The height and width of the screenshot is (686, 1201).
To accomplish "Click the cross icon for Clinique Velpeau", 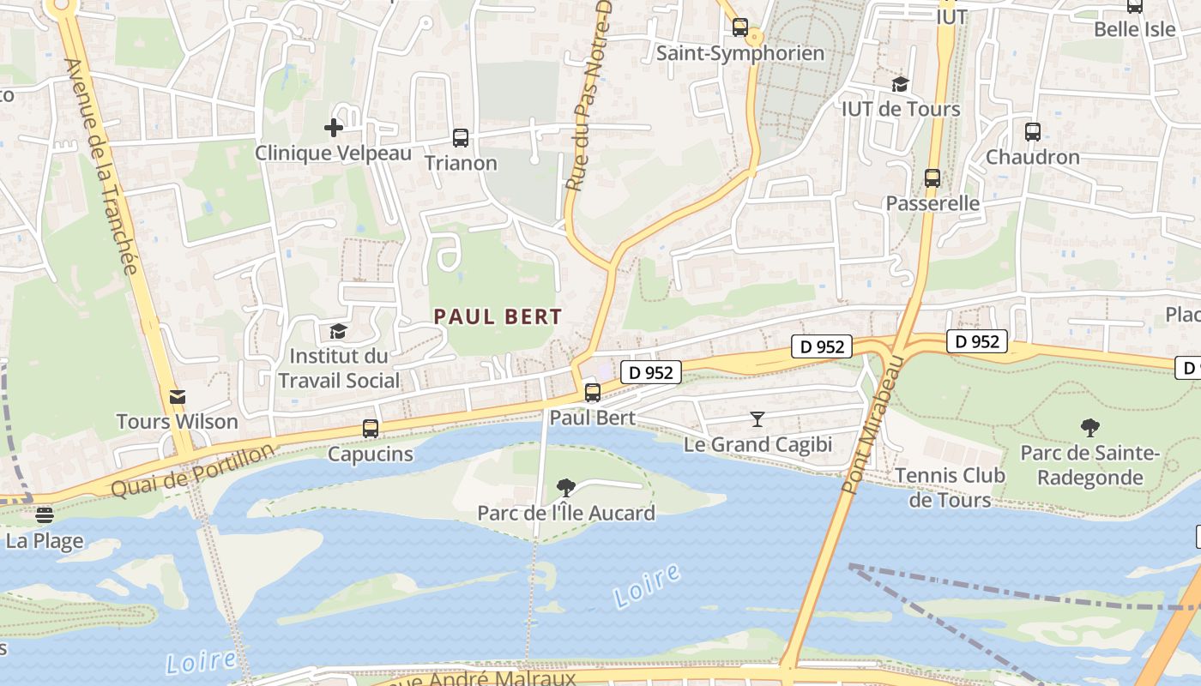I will [x=334, y=128].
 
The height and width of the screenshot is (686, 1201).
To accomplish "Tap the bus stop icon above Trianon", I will [x=461, y=137].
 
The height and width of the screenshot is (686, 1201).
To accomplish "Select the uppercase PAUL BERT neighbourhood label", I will [x=498, y=316].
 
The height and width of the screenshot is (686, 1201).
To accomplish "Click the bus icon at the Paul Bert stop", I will [x=592, y=393].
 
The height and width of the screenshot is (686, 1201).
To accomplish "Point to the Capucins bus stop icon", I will [x=371, y=428].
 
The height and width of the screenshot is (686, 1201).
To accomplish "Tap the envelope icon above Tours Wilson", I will [x=178, y=396].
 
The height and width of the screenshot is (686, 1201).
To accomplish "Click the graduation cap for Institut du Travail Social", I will [x=338, y=331].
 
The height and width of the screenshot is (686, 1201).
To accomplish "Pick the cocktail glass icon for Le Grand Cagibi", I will [x=757, y=419].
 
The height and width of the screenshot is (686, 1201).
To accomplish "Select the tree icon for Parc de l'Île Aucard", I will [x=565, y=488].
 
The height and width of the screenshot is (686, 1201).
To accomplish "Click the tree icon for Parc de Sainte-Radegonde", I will [x=1089, y=427].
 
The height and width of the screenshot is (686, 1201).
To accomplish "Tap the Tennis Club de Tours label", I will [x=950, y=487].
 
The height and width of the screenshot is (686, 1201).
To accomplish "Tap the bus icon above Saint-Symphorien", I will [x=740, y=27].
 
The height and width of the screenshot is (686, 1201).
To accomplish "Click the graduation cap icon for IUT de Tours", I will [x=900, y=84].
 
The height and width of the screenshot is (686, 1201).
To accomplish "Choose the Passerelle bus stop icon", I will [x=932, y=178].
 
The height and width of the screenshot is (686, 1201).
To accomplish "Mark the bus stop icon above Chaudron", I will [x=1032, y=132].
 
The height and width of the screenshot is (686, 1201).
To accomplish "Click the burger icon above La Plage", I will [x=45, y=515].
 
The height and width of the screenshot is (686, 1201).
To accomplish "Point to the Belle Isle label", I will [x=1134, y=29].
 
